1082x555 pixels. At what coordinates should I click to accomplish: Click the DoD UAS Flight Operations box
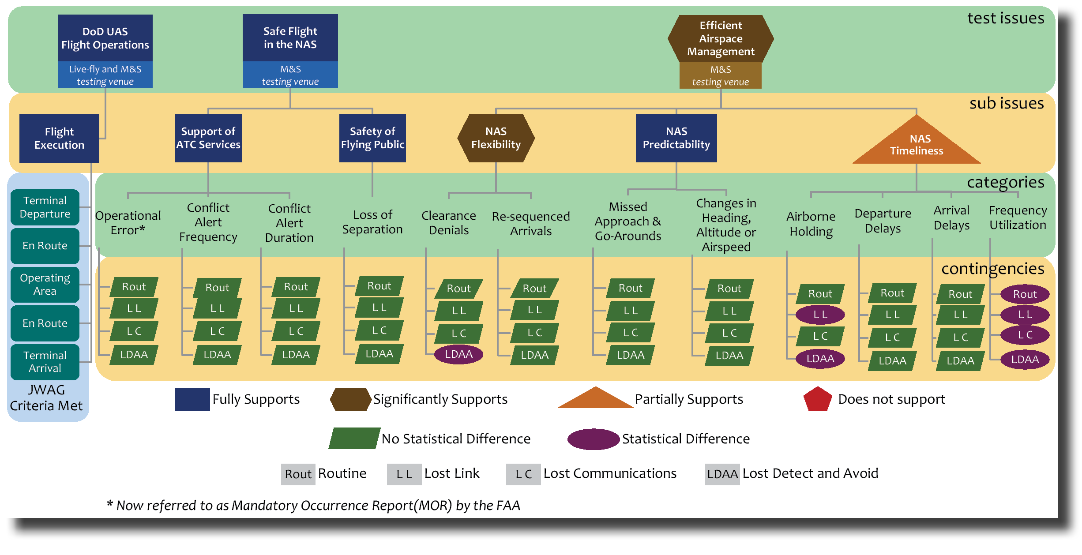105,38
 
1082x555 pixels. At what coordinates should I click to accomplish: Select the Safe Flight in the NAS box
290,38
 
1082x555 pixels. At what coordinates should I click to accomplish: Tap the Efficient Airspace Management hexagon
721,38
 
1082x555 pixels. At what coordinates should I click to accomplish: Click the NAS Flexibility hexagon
496,138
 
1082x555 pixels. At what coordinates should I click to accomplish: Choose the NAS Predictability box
676,138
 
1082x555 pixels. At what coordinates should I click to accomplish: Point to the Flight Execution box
59,139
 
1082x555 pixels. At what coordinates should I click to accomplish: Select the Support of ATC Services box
208,138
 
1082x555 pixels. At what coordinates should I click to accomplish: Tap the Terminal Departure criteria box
45,207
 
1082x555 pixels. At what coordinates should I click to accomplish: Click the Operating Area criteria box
45,285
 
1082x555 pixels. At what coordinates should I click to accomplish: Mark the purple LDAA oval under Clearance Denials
458,354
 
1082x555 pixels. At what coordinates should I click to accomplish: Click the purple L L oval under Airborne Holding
820,315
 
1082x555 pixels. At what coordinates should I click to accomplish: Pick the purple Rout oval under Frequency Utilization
1025,294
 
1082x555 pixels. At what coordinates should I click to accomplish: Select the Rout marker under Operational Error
134,287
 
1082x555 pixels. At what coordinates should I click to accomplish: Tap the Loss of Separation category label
372,222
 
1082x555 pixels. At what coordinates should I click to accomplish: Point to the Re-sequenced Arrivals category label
531,224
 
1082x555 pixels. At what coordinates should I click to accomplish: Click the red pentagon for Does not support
817,399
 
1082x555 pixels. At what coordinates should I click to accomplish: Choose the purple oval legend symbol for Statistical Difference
593,439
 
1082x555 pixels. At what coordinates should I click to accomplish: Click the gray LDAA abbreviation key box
722,474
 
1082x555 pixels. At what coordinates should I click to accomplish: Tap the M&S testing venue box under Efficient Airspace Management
720,75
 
